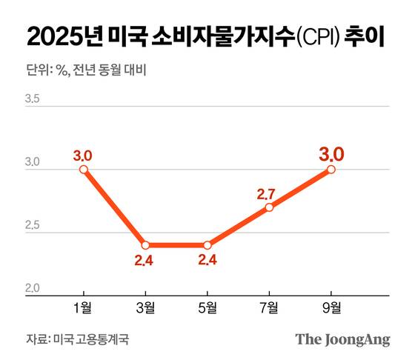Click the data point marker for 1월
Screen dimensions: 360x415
pyautogui.click(x=84, y=170)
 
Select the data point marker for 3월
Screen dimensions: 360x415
pyautogui.click(x=145, y=245)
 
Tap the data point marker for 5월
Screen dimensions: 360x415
pyautogui.click(x=207, y=245)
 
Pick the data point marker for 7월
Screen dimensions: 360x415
pyautogui.click(x=269, y=207)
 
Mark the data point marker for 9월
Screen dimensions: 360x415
pyautogui.click(x=331, y=170)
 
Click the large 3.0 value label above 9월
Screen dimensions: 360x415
pyautogui.click(x=331, y=154)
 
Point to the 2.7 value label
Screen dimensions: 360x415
pyautogui.click(x=266, y=193)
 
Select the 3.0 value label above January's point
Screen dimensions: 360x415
pyautogui.click(x=82, y=156)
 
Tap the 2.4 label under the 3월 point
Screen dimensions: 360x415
pyautogui.click(x=145, y=261)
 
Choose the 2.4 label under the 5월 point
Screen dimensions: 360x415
pyautogui.click(x=207, y=261)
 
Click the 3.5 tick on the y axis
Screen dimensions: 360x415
pyautogui.click(x=33, y=98)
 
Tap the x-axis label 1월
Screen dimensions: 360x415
pyautogui.click(x=84, y=307)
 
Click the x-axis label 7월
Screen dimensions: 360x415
pyautogui.click(x=269, y=307)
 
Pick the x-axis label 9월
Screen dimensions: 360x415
pyautogui.click(x=331, y=307)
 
